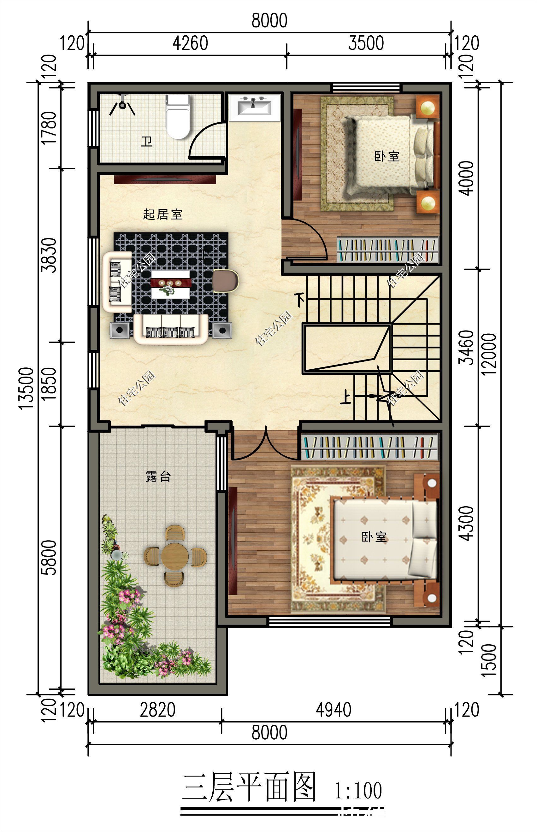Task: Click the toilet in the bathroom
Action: (178, 117)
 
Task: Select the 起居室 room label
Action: (162, 214)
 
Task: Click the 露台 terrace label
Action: (158, 476)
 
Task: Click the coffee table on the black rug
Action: (170, 284)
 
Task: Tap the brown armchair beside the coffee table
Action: (225, 281)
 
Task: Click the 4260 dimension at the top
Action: (190, 43)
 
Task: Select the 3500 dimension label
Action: (366, 43)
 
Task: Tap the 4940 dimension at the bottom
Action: (333, 710)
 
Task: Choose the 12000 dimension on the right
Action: (490, 354)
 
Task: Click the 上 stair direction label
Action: (346, 397)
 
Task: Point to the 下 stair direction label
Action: (299, 300)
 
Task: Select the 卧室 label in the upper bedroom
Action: (387, 156)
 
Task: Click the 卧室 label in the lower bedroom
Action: (374, 537)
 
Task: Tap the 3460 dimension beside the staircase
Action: (466, 347)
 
